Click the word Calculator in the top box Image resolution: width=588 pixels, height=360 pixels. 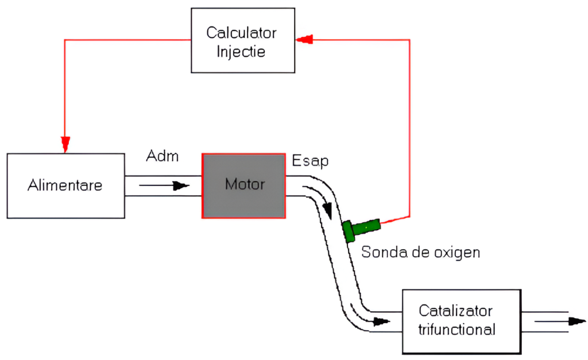[241, 32]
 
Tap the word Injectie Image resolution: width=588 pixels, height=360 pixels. [241, 51]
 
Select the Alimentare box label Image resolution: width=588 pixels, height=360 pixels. [65, 185]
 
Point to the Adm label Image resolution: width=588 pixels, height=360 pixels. [163, 157]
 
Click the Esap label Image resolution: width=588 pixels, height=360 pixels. [310, 161]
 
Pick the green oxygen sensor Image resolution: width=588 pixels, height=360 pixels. [361, 227]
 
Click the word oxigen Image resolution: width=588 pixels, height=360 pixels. [458, 252]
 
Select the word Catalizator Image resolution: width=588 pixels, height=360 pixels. [455, 311]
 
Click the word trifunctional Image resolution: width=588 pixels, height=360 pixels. [457, 330]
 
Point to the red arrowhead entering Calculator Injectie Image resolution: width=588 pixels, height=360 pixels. [304, 39]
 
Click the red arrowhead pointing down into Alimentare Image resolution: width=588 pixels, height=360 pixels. [65, 141]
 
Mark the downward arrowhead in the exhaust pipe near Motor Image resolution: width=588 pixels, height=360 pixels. [328, 211]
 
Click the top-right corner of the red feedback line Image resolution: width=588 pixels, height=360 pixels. [409, 39]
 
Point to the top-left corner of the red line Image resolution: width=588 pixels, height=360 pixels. [65, 39]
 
